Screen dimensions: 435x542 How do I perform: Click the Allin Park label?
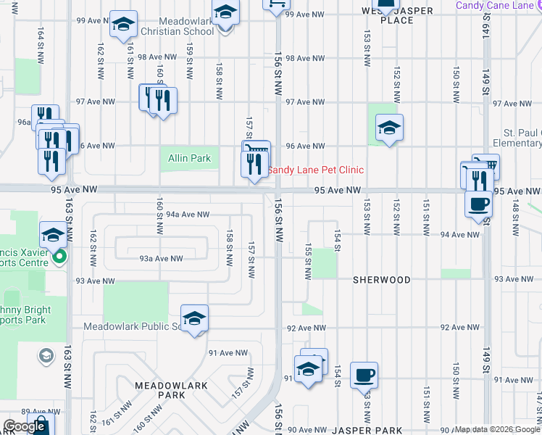point(189,158)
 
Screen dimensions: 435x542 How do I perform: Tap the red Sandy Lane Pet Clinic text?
point(316,170)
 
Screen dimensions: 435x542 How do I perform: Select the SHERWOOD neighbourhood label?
point(381,280)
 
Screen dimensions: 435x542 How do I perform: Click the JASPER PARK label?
point(369,431)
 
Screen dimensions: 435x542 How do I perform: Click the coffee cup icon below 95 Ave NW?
point(478,204)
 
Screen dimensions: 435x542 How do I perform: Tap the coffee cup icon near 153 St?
point(364,376)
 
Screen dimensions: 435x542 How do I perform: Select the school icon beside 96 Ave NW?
point(389,129)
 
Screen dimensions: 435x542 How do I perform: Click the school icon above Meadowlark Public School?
point(194,318)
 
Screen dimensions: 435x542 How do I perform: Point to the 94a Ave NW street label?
point(187,215)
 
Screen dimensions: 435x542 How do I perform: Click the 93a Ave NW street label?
point(161,258)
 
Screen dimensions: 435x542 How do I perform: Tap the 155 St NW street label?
point(308,262)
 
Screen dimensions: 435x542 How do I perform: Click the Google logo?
point(25,426)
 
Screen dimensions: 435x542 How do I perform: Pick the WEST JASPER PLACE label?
point(397,15)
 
